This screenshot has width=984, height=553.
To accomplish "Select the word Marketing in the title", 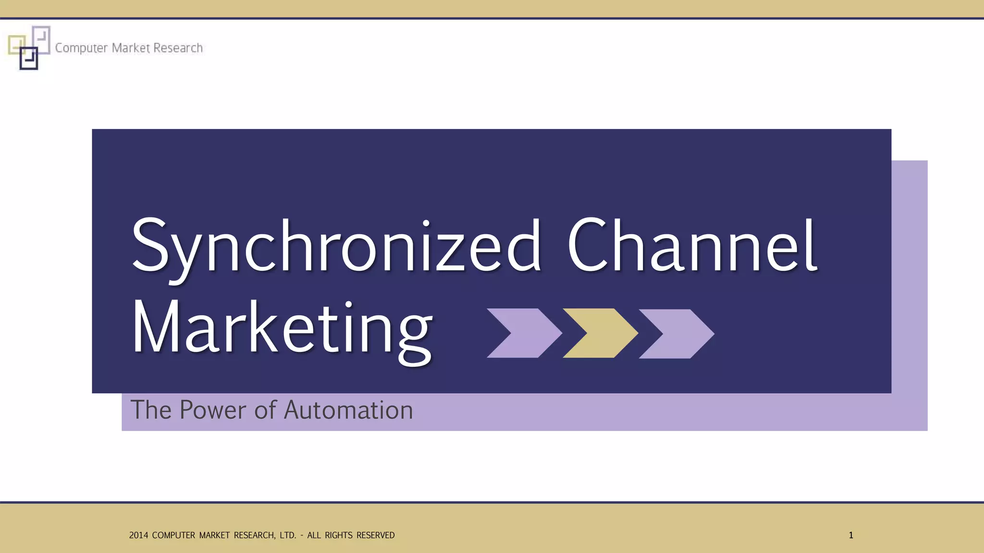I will [282, 329].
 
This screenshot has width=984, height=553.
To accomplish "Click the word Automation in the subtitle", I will [348, 410].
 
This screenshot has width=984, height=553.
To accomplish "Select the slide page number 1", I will [851, 535].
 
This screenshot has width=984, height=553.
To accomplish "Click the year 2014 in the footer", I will [138, 535].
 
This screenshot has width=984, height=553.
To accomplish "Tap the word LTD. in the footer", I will [288, 535].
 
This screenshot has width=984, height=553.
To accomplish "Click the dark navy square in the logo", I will [29, 59].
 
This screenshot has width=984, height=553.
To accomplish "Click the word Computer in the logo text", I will [81, 48].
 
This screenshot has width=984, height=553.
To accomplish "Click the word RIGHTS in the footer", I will [339, 535].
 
